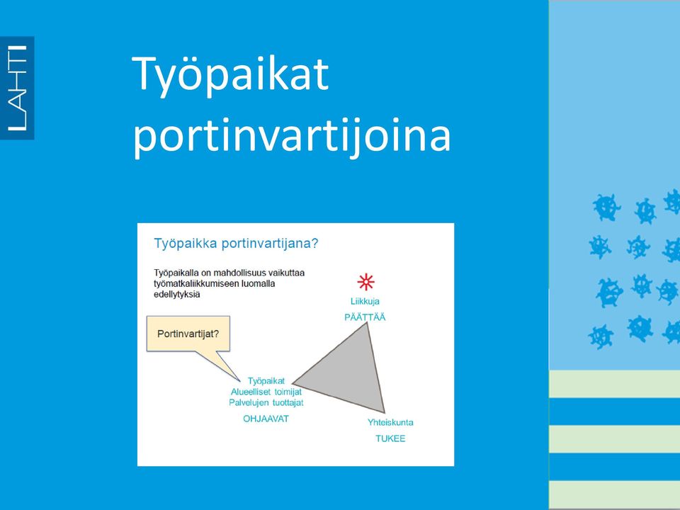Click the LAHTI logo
tap(17, 88)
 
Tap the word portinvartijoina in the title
tap(291, 135)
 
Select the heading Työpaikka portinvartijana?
tap(237, 243)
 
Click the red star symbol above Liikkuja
tap(366, 282)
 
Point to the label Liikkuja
tap(365, 301)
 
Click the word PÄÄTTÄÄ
tap(365, 317)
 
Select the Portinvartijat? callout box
tap(188, 334)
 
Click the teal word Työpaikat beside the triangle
tap(266, 381)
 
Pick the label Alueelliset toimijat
tap(266, 392)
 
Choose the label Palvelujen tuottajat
tap(266, 402)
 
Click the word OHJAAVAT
tap(266, 419)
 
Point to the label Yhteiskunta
tap(390, 422)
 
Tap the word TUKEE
tap(390, 438)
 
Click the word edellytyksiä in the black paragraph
tap(177, 295)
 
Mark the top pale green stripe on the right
tap(615, 384)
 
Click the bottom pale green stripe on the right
tap(615, 494)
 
